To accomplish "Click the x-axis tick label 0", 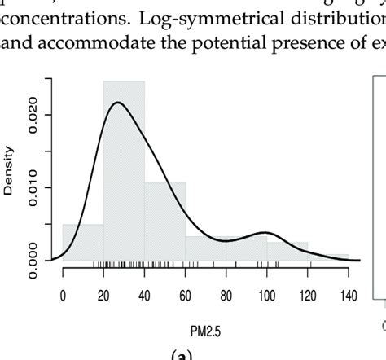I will click(64, 296).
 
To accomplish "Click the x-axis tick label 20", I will click(104, 296).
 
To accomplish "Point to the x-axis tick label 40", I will click(145, 296).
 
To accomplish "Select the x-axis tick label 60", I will click(186, 296).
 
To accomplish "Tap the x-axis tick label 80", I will click(226, 296).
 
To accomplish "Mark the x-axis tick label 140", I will click(349, 296).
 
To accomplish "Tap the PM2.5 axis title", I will click(206, 332).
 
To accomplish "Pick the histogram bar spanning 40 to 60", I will click(165, 221).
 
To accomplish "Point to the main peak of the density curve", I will click(119, 103).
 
